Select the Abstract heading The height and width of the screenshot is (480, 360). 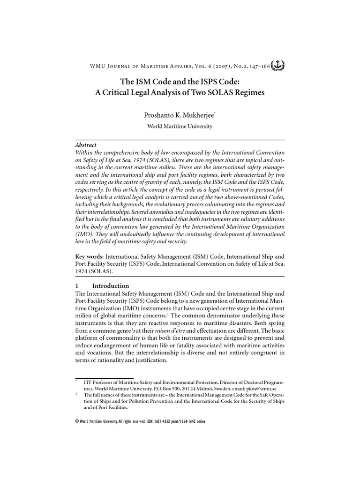(x=86, y=145)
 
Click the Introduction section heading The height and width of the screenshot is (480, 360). (x=111, y=285)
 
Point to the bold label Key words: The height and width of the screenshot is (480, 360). (x=90, y=257)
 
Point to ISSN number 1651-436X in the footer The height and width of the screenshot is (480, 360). (x=164, y=421)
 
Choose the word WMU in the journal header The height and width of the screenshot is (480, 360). (x=97, y=66)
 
